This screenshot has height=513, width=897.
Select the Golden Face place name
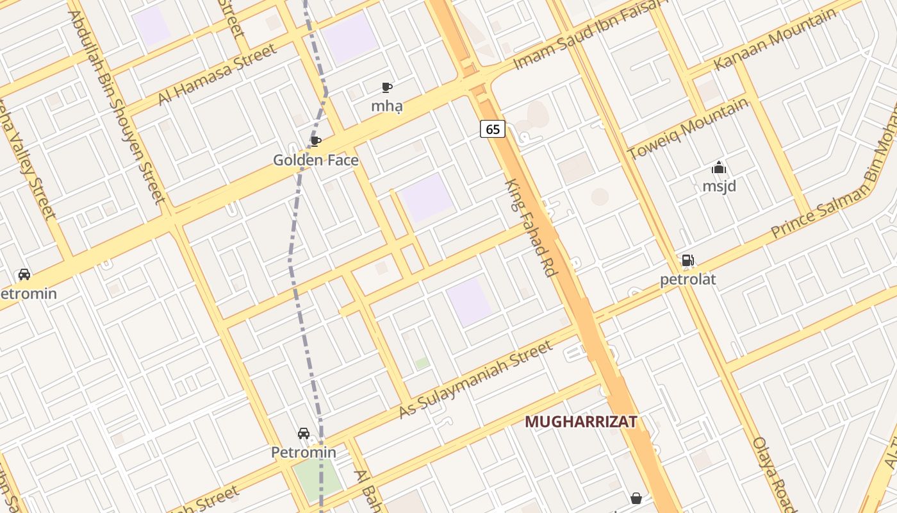[x=316, y=160]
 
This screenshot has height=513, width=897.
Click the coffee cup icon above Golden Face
[x=315, y=141]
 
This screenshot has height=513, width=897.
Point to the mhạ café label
[x=387, y=106]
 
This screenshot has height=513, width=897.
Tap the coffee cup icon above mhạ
[x=386, y=87]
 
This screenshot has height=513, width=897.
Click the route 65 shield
[x=493, y=129]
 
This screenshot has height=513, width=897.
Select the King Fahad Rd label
[x=531, y=228]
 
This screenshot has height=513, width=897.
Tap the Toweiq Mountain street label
[x=688, y=129]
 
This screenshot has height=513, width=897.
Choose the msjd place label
[x=719, y=187]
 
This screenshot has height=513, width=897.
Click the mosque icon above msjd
[x=719, y=168]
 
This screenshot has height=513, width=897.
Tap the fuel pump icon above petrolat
[x=687, y=260]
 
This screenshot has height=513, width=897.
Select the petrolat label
[x=688, y=280]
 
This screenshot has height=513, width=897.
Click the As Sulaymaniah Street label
[x=475, y=380]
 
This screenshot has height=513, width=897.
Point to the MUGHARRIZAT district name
[x=580, y=422]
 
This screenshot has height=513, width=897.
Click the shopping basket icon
[x=636, y=498]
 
